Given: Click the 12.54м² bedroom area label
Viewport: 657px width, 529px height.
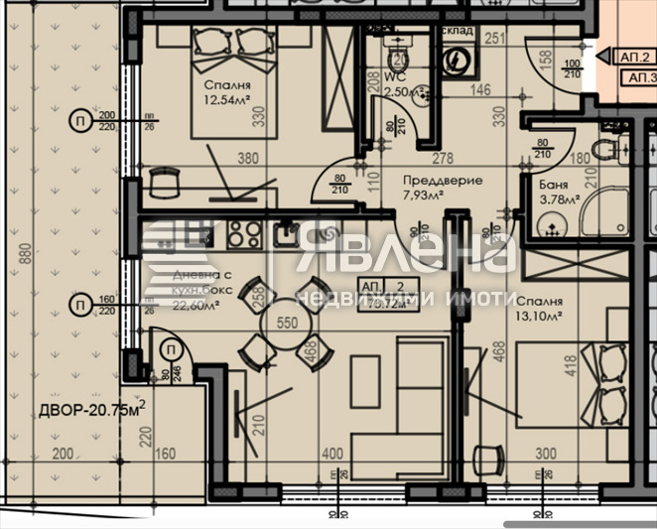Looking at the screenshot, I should coord(226,100).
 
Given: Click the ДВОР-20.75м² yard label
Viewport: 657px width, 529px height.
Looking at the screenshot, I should coord(92,410).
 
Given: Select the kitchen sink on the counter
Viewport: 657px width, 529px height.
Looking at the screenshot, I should coord(286,235).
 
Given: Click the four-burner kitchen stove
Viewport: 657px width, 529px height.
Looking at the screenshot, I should coord(243,235).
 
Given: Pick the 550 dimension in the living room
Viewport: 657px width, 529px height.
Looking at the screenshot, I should coord(288,324).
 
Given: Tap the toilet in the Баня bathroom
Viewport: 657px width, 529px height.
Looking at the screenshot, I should coord(603,150).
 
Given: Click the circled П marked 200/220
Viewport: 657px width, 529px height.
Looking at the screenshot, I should coord(77,121).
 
